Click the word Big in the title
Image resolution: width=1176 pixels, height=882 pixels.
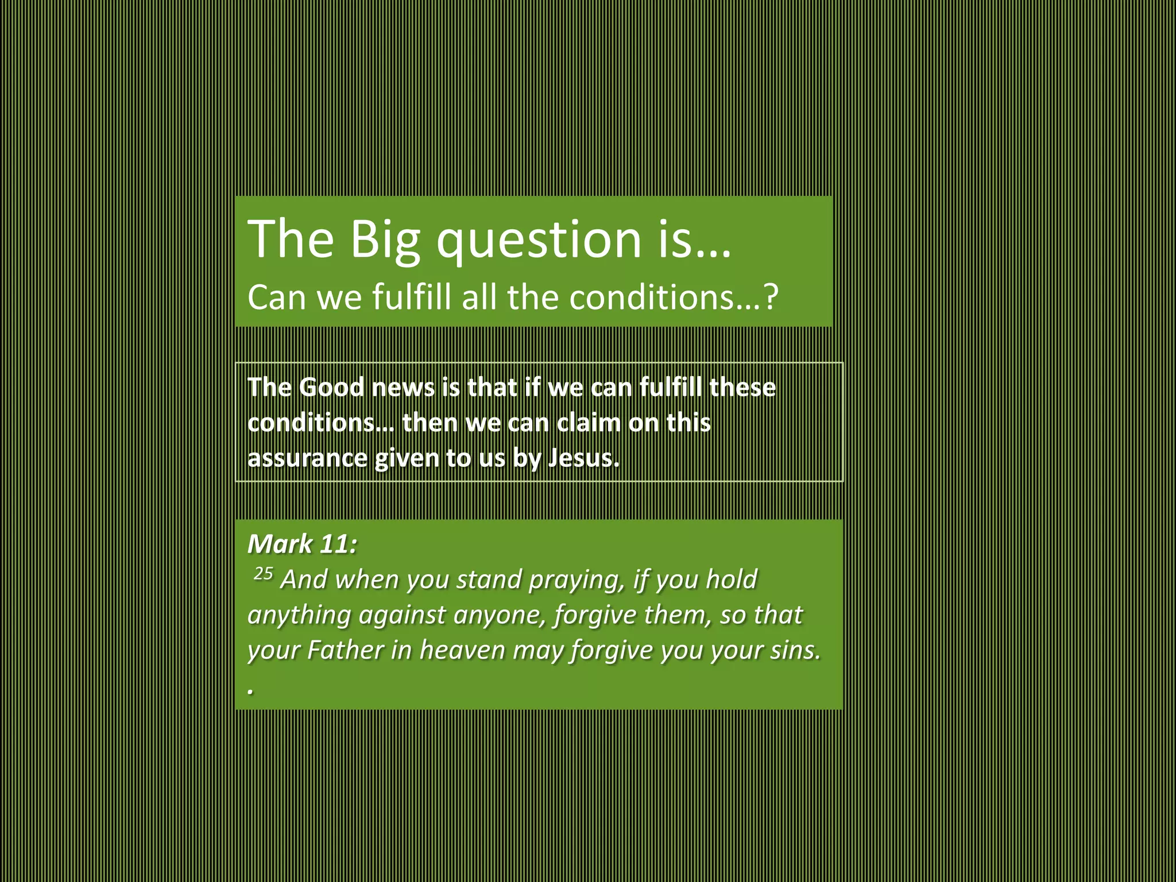[x=385, y=239]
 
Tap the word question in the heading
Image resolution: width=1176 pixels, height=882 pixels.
[x=539, y=239]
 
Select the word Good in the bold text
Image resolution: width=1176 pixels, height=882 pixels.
[x=331, y=387]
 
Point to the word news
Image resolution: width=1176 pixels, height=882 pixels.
[x=403, y=387]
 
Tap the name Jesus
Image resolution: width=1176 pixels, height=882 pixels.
[x=583, y=458]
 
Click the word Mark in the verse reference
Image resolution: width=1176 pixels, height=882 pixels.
[x=280, y=544]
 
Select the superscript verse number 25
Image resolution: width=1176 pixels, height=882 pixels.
[x=263, y=574]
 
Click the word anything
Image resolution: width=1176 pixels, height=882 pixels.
[x=299, y=616]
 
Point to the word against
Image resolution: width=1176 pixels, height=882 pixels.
[x=402, y=616]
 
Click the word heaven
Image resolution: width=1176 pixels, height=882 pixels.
[x=462, y=651]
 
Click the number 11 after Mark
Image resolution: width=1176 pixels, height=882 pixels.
[x=337, y=544]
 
